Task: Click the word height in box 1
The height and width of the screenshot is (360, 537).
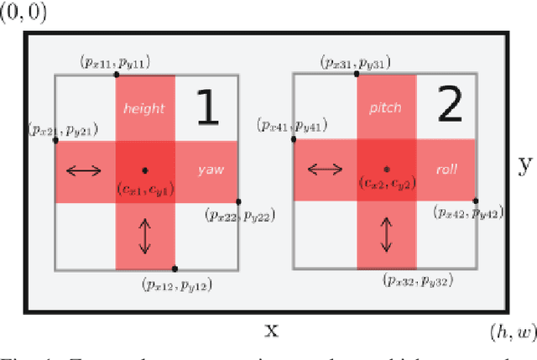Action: point(144,108)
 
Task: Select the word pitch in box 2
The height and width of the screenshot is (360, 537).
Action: point(385,108)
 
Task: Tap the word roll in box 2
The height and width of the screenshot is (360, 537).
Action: point(446,169)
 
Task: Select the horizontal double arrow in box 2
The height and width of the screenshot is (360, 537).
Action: point(324,170)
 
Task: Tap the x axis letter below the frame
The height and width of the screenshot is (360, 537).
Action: point(271,330)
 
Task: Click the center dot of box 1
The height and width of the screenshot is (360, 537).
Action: point(144,170)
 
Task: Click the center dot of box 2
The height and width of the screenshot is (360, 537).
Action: point(386,169)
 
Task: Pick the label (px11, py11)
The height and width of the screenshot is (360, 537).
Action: point(113,61)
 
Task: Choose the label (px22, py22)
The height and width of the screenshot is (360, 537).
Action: point(239,217)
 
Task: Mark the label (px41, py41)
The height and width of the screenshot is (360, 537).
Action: point(305,128)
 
